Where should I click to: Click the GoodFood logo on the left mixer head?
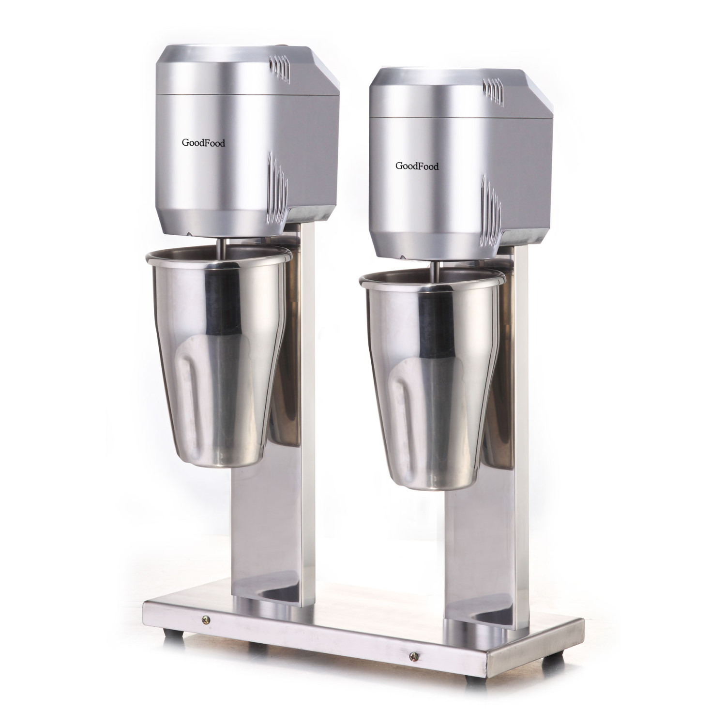[203, 143]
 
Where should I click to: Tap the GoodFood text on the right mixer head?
[417, 166]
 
